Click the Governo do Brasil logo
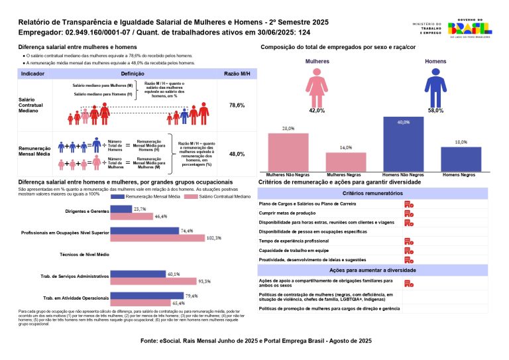469,29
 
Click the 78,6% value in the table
237,105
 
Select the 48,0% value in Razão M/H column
237,154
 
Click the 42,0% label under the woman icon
316,111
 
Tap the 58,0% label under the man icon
435,111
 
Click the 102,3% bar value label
213,237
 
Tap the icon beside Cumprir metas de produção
409,213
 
